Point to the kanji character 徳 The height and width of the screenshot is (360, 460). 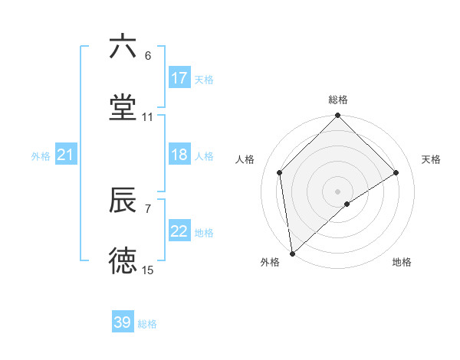coord(123,261)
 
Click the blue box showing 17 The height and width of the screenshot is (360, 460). coord(179,78)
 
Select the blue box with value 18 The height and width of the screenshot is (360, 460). coord(179,155)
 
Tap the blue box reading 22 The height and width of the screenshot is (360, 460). coord(179,232)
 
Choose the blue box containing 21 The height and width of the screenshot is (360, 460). coord(66,155)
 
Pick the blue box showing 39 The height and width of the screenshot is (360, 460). coord(123,322)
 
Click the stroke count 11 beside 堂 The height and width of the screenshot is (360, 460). coord(148,117)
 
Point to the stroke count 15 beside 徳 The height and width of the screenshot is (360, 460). coord(148,270)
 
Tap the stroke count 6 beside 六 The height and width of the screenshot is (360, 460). coord(148,56)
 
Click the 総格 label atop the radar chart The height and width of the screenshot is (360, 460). coord(338,100)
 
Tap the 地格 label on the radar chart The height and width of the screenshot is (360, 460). coord(402,262)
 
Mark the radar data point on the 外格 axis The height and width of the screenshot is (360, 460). coord(291,254)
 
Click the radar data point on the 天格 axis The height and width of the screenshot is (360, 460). coord(396,172)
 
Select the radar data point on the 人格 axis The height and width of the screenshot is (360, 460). coord(280,172)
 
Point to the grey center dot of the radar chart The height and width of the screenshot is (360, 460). coord(338,191)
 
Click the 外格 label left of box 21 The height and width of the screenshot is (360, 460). coord(41,156)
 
